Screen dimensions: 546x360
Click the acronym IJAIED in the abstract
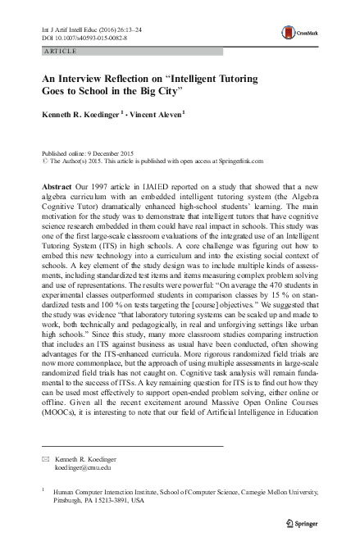point(135,188)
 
